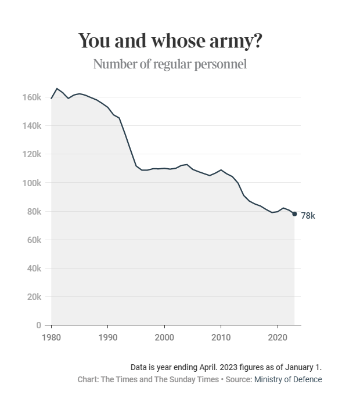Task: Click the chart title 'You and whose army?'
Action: (170, 41)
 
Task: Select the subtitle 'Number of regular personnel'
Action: (170, 64)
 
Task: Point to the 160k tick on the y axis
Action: (31, 97)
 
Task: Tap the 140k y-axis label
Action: (31, 126)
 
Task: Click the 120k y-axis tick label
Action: (31, 154)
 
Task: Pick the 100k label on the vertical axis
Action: (31, 183)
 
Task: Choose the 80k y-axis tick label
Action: (33, 211)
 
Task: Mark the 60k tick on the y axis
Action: (33, 240)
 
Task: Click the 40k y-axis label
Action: (33, 269)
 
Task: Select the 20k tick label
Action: (33, 297)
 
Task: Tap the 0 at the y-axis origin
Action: (38, 325)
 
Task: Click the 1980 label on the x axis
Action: (52, 337)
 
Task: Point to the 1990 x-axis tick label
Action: (108, 337)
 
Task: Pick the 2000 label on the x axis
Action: (164, 337)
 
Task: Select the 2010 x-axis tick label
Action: (221, 337)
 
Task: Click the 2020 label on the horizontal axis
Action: (277, 337)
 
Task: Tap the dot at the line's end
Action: (294, 214)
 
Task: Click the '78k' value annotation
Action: (308, 216)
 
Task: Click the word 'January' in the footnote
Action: (298, 367)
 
